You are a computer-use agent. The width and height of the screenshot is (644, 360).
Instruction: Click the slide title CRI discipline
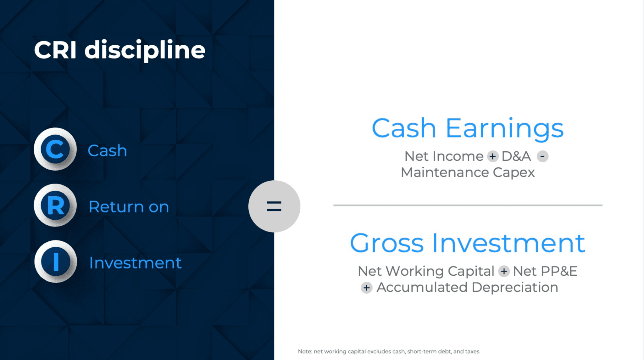click(x=119, y=50)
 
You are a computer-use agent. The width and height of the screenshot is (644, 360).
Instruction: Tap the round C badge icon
click(x=55, y=149)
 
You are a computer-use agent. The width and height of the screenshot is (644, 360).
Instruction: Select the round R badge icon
click(x=55, y=205)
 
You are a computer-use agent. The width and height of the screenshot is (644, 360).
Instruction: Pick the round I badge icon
click(x=56, y=262)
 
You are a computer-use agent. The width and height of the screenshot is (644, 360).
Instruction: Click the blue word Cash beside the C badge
click(x=107, y=150)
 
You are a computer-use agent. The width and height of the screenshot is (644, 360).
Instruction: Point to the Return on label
click(x=129, y=207)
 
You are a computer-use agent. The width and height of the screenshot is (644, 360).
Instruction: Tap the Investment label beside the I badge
click(x=136, y=263)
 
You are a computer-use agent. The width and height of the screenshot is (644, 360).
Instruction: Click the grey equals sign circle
click(x=274, y=206)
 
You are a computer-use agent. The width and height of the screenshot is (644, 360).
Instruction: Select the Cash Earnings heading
click(x=468, y=129)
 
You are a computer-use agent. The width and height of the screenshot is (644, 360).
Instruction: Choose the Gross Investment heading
click(x=468, y=243)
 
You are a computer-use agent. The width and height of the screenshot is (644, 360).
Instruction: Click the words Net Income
click(x=444, y=156)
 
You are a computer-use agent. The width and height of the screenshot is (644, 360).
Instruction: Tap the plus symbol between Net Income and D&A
click(x=493, y=156)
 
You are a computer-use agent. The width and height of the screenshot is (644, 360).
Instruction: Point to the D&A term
click(x=516, y=156)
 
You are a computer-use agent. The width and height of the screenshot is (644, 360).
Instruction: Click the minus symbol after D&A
click(x=542, y=156)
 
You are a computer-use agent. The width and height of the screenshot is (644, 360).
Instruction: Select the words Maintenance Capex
click(x=468, y=172)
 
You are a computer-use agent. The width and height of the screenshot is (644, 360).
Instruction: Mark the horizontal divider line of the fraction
click(x=468, y=205)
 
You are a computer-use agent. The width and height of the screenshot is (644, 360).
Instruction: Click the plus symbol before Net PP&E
click(x=504, y=271)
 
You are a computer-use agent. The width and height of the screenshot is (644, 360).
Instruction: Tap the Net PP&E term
click(x=545, y=271)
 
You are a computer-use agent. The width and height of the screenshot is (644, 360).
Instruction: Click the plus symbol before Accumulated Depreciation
click(x=367, y=288)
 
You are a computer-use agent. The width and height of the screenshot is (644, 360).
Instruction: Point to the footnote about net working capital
click(x=389, y=352)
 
